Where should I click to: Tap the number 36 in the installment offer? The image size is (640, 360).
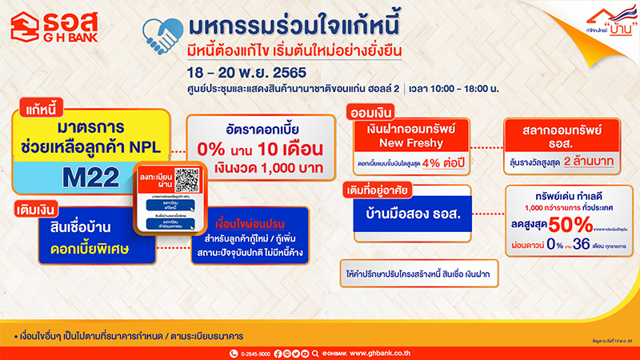click(x=574, y=246)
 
